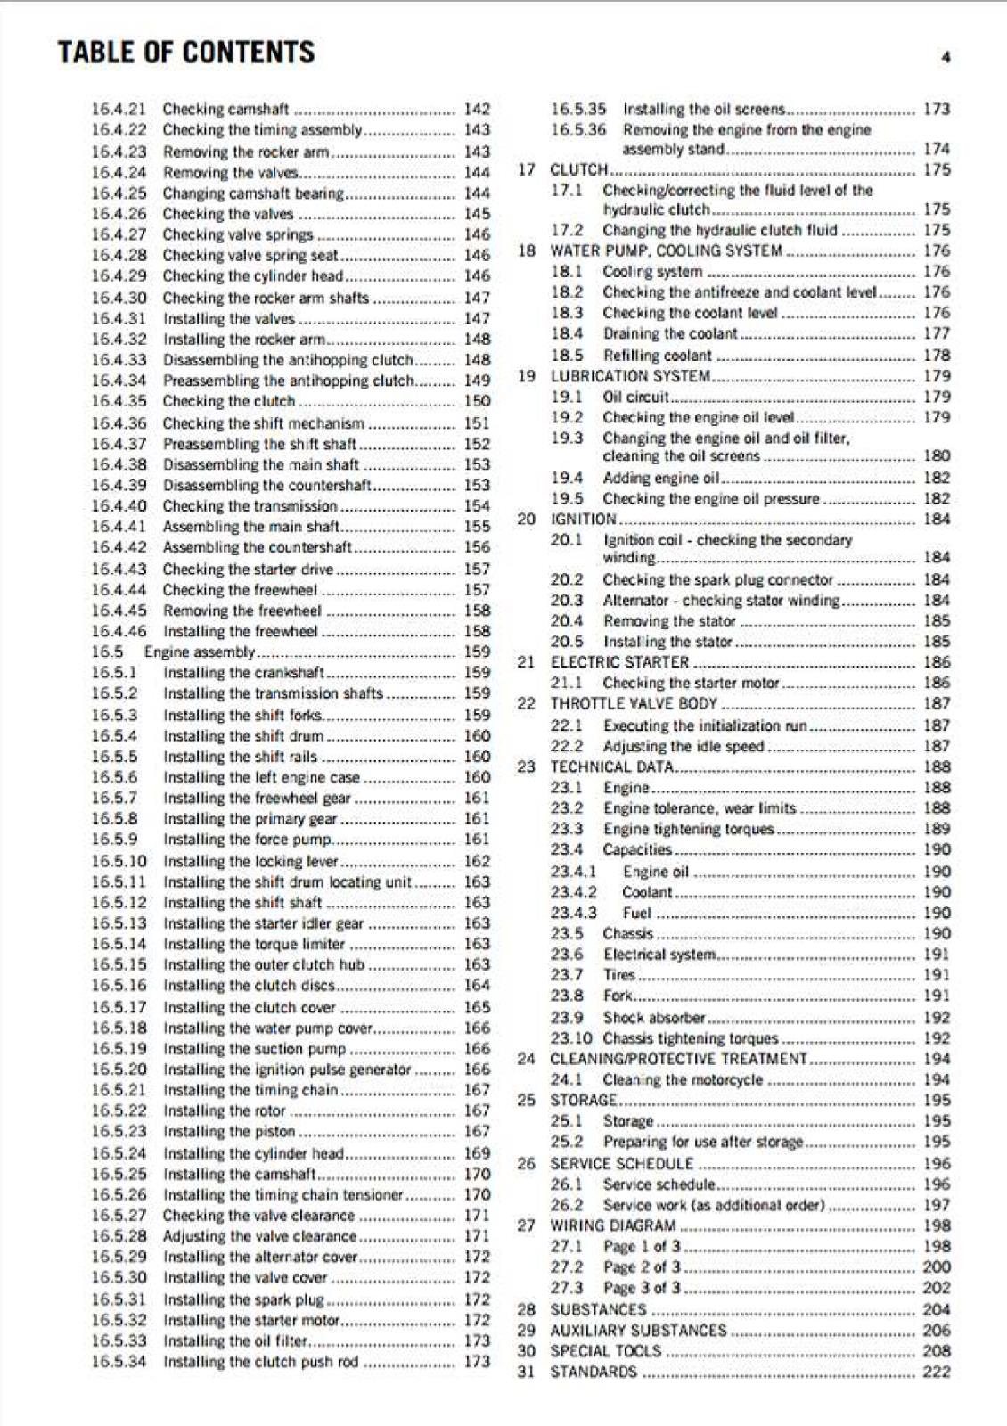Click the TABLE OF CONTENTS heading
pos(186,53)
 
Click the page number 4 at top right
pos(946,58)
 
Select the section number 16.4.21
pos(119,110)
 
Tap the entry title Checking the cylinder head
pos(252,276)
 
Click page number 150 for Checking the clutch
pos(477,402)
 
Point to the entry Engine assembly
pos(199,652)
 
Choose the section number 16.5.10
pos(119,862)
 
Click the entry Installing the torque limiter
pos(254,945)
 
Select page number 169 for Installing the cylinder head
pos(477,1154)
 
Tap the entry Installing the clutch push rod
pos(260,1363)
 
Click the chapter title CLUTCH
pos(578,170)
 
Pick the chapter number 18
pos(527,251)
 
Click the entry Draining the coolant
pos(669,334)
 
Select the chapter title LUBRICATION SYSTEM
pos(630,376)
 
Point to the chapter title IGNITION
pos(583,520)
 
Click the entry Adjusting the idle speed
pos(683,747)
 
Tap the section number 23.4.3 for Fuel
pos(573,914)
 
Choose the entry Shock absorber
pos(653,1018)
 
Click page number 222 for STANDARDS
pos(936,1373)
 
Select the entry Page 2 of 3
pos(641,1268)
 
